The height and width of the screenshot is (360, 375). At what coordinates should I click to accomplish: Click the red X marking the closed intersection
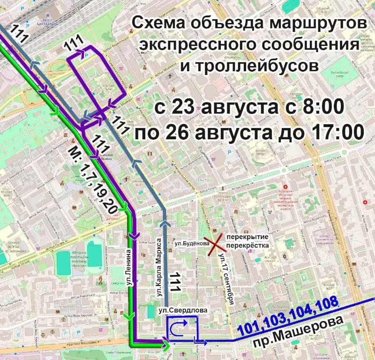tap(216, 245)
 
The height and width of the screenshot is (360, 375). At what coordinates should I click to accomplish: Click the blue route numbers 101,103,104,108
tap(287, 316)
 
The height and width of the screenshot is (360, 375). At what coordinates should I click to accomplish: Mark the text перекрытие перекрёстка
tap(247, 241)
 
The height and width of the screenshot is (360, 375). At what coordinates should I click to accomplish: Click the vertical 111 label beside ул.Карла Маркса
tap(175, 282)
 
